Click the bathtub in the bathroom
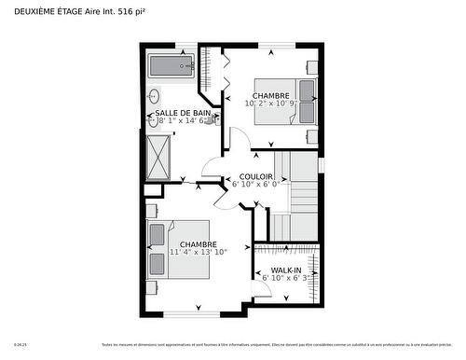171,66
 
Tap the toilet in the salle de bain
213,119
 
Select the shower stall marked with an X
159,155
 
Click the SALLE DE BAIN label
182,113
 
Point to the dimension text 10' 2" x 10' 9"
269,104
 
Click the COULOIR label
255,175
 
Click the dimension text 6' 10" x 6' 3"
284,277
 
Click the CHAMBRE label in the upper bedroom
270,95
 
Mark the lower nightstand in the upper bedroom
312,135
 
